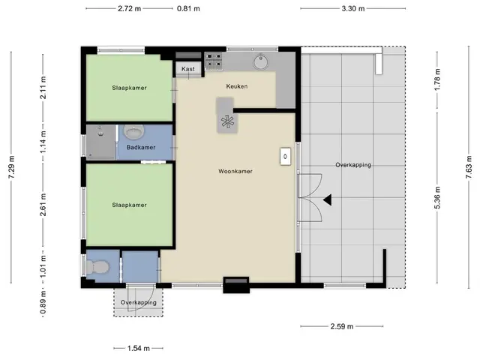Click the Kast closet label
[188, 69]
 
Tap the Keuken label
[237, 86]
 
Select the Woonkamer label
[235, 171]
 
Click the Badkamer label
[141, 147]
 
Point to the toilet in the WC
[97, 267]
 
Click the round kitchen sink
[261, 61]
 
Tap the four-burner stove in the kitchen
[214, 60]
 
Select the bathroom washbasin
[133, 132]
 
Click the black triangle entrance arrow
[327, 200]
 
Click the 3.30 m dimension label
[353, 8]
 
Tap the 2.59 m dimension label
[342, 326]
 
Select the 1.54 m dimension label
[138, 348]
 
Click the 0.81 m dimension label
[188, 8]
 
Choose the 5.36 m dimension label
[437, 198]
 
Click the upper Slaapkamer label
[129, 88]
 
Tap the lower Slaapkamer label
[129, 205]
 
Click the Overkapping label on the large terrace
[353, 165]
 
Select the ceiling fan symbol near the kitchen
[227, 121]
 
